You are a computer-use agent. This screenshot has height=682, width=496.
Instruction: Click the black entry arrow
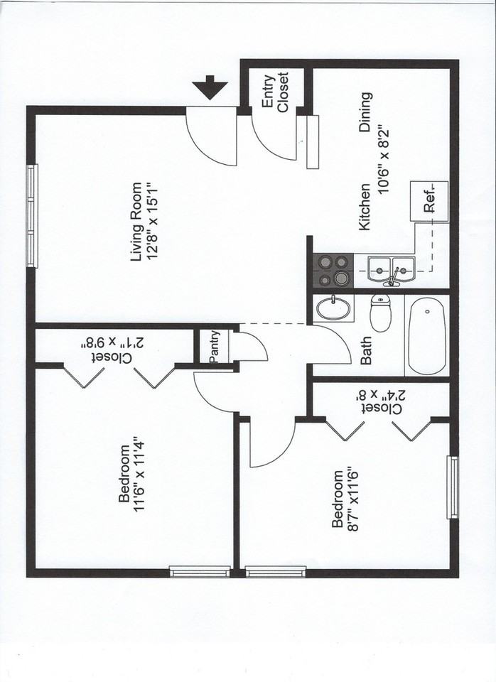pos(211,90)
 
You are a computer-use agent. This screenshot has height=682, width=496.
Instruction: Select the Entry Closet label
pos(275,92)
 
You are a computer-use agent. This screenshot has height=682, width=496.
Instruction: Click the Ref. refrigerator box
pos(429,202)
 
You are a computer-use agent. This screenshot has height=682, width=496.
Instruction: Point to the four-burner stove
pos(333,270)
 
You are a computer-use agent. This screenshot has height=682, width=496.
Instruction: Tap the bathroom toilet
pos(382,313)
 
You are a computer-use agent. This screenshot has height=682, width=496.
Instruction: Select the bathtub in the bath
pos(427,335)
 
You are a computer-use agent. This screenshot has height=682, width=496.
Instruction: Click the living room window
pos(32,216)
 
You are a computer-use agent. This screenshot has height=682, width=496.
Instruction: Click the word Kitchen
pos(365,207)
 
